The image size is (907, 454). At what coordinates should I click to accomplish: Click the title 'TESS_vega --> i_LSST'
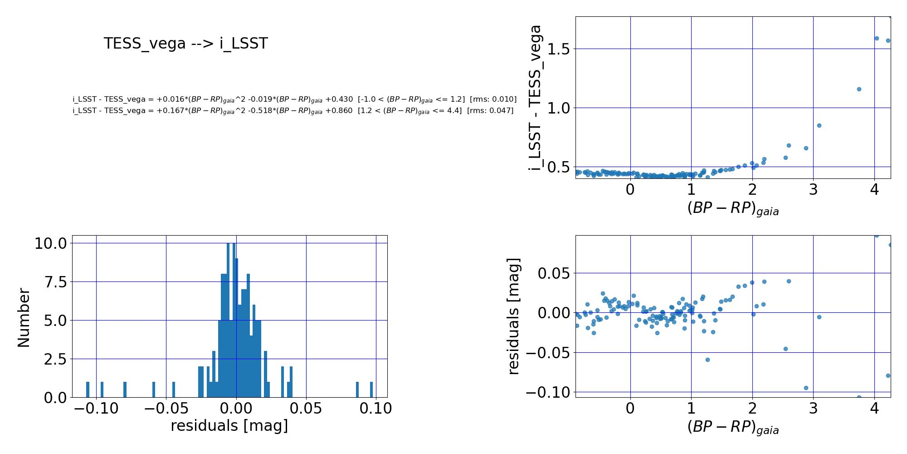point(186,44)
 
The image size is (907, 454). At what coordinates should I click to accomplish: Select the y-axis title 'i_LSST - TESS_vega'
point(536,98)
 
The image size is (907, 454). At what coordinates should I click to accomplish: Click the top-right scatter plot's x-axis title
point(733,208)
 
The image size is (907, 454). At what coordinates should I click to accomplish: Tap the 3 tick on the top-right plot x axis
point(813,190)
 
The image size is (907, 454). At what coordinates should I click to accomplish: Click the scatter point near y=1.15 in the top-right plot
point(859,89)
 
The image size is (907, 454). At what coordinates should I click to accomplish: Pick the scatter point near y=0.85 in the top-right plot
point(819,125)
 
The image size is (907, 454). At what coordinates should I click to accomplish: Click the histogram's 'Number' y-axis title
point(24,318)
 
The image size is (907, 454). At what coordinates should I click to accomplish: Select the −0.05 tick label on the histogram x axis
point(166,409)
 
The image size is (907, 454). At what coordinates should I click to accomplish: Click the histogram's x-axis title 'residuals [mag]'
point(229,426)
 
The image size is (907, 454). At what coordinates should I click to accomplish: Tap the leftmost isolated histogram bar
point(88,390)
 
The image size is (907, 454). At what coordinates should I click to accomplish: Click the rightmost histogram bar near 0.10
point(371,390)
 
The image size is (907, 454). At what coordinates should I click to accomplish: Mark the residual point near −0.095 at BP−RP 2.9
point(806,388)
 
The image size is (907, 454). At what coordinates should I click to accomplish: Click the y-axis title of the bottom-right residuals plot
point(513,316)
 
